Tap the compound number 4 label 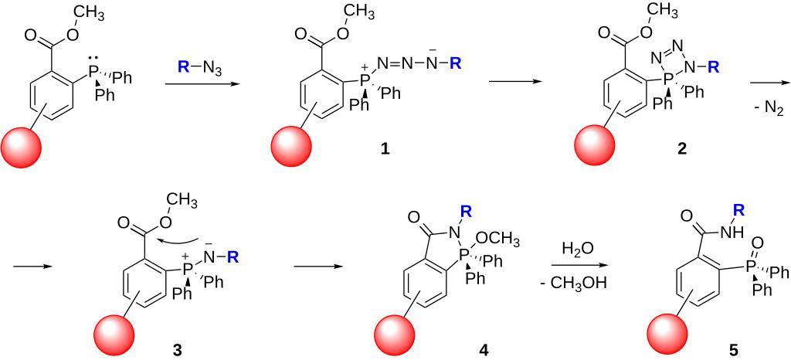pyautogui.click(x=484, y=349)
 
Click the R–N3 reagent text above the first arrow pyautogui.click(x=200, y=67)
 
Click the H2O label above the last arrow pyautogui.click(x=578, y=248)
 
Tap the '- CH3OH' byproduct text pyautogui.click(x=578, y=284)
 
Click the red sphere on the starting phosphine pyautogui.click(x=22, y=141)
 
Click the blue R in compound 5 pyautogui.click(x=738, y=209)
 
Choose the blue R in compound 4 pyautogui.click(x=466, y=209)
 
